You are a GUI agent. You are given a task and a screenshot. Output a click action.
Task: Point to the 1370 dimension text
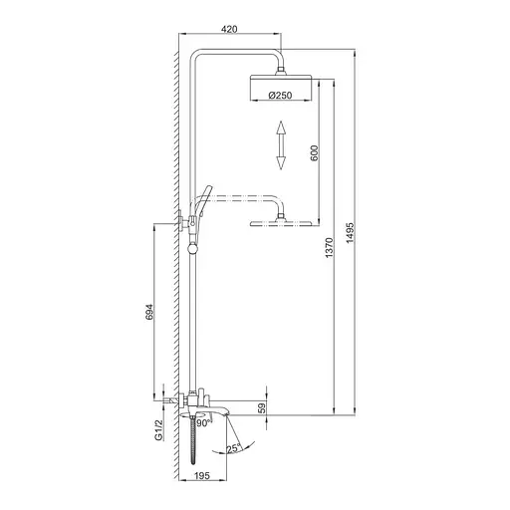point(329,258)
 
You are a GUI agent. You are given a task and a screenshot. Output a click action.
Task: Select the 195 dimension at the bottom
point(202,476)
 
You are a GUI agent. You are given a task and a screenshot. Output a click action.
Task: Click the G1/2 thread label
point(157,430)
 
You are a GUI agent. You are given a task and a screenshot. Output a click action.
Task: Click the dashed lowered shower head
point(282,221)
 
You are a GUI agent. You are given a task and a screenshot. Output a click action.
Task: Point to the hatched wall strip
point(174,249)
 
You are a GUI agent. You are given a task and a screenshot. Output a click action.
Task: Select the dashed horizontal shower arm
point(244,196)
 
